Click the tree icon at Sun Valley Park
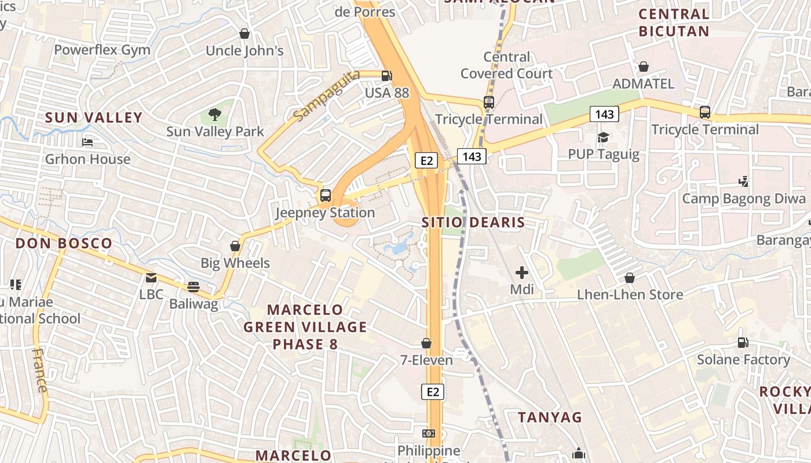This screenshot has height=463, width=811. point(215,115)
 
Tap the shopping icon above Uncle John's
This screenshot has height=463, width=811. point(244,34)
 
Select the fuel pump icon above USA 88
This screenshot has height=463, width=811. point(386,76)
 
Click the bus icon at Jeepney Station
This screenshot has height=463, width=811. point(326,196)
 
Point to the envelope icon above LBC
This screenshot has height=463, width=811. point(151,278)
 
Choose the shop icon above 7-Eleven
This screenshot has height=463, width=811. point(426,343)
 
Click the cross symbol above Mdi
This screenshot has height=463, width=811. point(522,272)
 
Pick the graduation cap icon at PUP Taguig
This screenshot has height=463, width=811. point(604,137)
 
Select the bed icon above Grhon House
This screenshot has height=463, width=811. point(87,142)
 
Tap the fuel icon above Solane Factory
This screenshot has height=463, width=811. point(743,343)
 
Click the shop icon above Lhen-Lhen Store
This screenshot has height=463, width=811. point(630,278)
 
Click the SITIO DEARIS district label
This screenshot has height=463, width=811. point(473,222)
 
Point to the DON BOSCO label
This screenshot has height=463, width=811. point(64,243)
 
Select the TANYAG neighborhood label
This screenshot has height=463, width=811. point(550,417)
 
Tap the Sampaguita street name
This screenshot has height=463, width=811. point(326,95)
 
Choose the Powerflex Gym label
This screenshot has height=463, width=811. point(102,50)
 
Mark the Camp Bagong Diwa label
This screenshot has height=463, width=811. point(744,199)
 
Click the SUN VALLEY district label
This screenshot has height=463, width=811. point(94,117)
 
